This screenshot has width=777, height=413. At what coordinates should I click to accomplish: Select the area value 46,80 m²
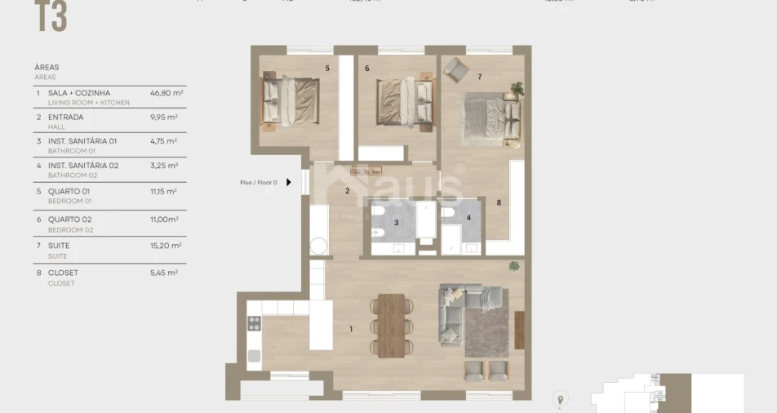pyautogui.click(x=166, y=93)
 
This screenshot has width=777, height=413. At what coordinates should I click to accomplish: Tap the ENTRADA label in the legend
pyautogui.click(x=65, y=117)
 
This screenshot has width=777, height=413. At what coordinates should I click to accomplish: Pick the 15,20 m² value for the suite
pyautogui.click(x=166, y=245)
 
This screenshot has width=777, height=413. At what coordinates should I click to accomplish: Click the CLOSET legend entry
pyautogui.click(x=63, y=273)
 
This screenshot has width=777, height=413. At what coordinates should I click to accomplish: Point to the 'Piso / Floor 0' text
pyautogui.click(x=259, y=183)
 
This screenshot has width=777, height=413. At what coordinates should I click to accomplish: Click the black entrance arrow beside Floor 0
pyautogui.click(x=288, y=183)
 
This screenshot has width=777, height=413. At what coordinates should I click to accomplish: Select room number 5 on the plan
pyautogui.click(x=327, y=68)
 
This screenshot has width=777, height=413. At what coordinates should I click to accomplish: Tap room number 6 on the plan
pyautogui.click(x=367, y=69)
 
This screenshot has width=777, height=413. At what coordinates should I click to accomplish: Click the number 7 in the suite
pyautogui.click(x=479, y=78)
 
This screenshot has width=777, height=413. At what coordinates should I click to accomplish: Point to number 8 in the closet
pyautogui.click(x=498, y=202)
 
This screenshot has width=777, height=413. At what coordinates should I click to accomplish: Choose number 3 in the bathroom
pyautogui.click(x=396, y=222)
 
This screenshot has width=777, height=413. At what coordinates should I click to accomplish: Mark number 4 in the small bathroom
pyautogui.click(x=468, y=217)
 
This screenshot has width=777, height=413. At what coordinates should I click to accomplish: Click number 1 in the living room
pyautogui.click(x=351, y=330)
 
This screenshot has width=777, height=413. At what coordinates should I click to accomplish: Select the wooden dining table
pyautogui.click(x=392, y=325)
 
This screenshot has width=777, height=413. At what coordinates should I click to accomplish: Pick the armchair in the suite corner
pyautogui.click(x=455, y=69)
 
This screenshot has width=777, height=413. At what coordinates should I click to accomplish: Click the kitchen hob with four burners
pyautogui.click(x=254, y=322)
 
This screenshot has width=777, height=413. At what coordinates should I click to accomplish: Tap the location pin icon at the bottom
pyautogui.click(x=560, y=399)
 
